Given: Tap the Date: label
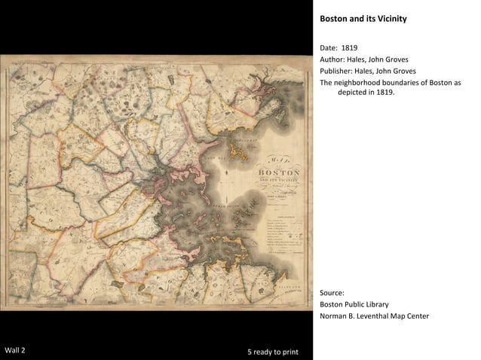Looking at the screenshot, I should click(329, 47).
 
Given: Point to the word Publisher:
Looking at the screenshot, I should click(338, 71).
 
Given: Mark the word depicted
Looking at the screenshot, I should click(354, 93).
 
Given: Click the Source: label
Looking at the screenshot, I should click(332, 292).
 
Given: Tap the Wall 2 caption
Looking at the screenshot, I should click(15, 351).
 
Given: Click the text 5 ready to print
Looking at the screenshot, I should click(272, 352).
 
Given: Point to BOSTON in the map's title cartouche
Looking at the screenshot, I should click(278, 172).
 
